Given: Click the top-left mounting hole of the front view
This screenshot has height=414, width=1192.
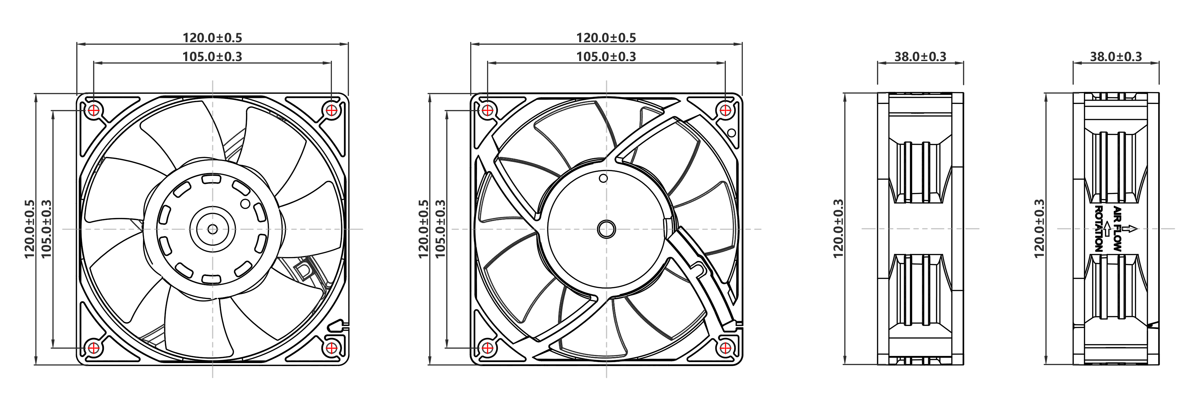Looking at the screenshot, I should point(94,110).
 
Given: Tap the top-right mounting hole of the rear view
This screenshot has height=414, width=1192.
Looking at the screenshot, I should point(725,110).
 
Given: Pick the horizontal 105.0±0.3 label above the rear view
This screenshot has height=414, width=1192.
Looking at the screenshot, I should point(606,56).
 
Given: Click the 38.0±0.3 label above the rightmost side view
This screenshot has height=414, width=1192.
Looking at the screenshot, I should point(1116,56).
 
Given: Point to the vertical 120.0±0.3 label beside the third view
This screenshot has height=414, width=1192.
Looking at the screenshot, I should point(838,229).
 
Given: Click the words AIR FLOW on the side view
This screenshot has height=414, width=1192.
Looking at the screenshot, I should point(1117,229).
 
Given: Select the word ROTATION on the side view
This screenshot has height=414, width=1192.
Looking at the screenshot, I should point(1099,229).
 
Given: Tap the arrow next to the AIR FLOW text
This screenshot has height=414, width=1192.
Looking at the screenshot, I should point(1130,228).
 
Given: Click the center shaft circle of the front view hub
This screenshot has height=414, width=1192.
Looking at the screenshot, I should point(212,229).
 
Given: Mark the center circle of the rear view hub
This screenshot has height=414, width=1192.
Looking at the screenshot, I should point(606,229).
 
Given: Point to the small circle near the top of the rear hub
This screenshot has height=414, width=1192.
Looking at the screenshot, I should point(603,178).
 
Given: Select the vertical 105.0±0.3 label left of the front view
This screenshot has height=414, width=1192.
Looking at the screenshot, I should point(46,229).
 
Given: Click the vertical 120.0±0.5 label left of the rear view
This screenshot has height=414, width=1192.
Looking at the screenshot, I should point(423,229).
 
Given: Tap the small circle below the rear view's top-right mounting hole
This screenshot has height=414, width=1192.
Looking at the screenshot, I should point(732,133).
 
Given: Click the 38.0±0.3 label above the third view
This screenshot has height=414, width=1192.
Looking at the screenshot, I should point(920,56).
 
